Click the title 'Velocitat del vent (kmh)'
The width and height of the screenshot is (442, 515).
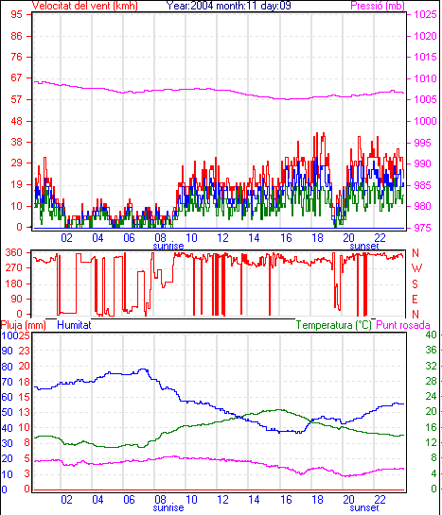click(x=84, y=6)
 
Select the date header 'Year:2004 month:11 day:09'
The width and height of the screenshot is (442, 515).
click(x=228, y=6)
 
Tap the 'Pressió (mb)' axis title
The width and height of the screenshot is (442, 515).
click(x=378, y=6)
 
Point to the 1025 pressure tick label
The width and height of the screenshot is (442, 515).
click(x=425, y=14)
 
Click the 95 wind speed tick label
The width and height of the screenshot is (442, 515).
click(x=16, y=14)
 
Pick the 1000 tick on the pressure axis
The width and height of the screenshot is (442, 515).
click(x=425, y=121)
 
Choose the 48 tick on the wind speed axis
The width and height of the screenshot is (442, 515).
click(x=16, y=121)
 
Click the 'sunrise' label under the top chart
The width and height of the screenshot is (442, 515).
click(x=168, y=246)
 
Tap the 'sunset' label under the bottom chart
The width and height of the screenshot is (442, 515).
click(x=364, y=507)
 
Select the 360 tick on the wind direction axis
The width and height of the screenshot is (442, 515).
click(x=13, y=252)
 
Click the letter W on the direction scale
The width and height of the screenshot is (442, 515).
click(x=416, y=268)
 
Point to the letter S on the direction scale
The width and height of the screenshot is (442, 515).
click(x=415, y=283)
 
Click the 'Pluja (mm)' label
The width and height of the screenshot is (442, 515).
click(x=23, y=325)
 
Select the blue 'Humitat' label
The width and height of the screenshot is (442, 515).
click(x=74, y=325)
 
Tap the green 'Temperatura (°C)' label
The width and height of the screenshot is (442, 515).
click(x=333, y=325)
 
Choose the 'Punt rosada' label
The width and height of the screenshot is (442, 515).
click(x=403, y=325)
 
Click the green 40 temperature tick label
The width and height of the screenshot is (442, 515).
click(x=431, y=335)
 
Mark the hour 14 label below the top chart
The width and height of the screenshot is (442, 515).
click(x=254, y=237)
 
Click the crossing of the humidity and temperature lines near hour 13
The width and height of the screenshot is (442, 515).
click(x=239, y=417)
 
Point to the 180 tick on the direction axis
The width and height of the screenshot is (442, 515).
click(x=13, y=283)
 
